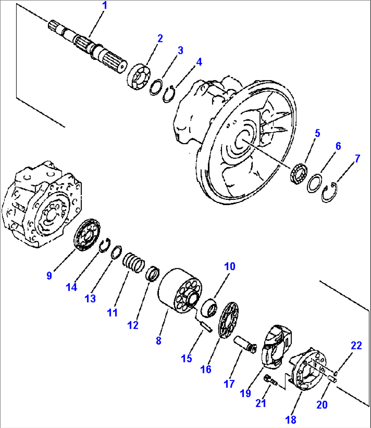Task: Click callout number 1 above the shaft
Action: [x=105, y=6]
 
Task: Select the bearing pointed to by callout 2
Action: [x=139, y=77]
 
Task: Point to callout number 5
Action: [x=317, y=133]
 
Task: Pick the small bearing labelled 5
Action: [x=299, y=173]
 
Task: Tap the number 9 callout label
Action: [x=49, y=276]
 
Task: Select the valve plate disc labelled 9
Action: [x=87, y=235]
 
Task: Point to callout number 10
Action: [x=229, y=267]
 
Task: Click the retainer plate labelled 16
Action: [x=229, y=320]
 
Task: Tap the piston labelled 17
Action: [x=245, y=345]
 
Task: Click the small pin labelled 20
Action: [x=332, y=379]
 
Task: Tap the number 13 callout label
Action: [x=90, y=298]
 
